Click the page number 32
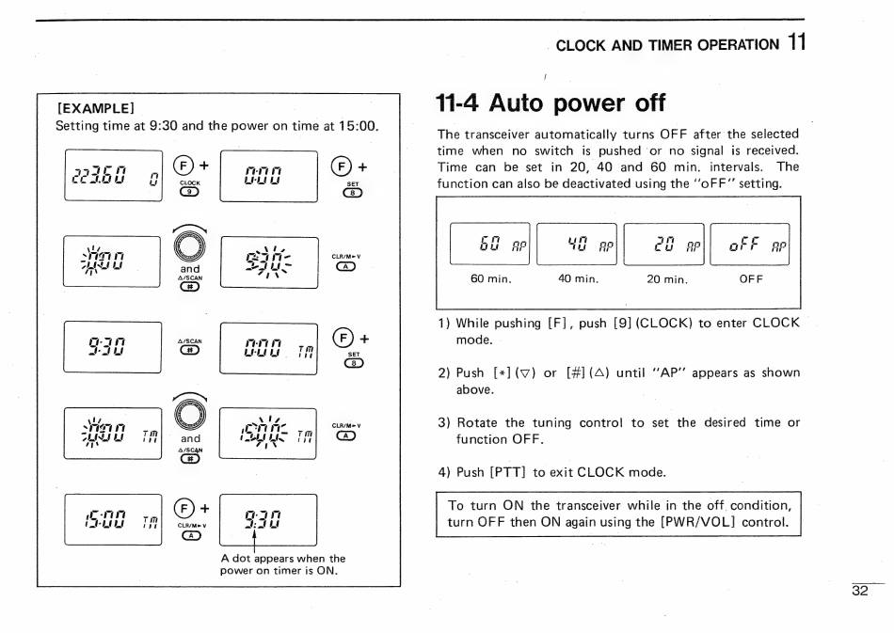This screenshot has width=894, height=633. pos(859,591)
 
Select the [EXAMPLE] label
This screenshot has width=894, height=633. pos(97,107)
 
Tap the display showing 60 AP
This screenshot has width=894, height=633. pos(489,245)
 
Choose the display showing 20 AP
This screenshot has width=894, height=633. pos(663,245)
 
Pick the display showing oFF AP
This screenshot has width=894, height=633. pos(750,245)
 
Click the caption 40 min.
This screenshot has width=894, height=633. pos(578,279)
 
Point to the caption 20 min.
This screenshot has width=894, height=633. pos(666,279)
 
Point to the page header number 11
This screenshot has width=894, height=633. pos(797,42)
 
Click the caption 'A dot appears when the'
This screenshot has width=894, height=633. pos(282,558)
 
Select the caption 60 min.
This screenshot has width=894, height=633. pos(490,279)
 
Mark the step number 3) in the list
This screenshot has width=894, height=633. pos(444,422)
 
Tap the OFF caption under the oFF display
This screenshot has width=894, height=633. pos(751,279)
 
